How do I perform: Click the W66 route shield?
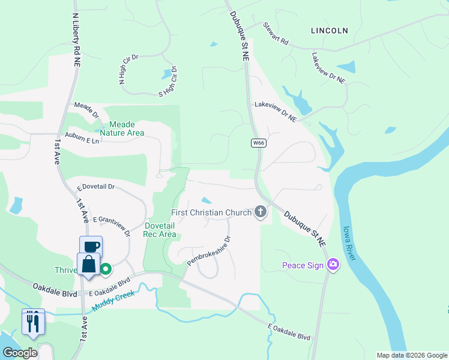click(259, 143)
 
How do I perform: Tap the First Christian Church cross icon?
click(261, 212)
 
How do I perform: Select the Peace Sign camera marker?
click(333, 265)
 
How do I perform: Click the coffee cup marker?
click(91, 247)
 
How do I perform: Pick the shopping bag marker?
click(89, 264)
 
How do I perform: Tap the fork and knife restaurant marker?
click(33, 322)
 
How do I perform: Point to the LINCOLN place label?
click(330, 30)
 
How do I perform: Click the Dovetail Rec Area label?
click(160, 230)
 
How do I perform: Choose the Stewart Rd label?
click(276, 34)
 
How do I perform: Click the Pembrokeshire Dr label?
click(209, 251)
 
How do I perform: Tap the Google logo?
click(20, 353)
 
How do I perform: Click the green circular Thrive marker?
click(106, 269)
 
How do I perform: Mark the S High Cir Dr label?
click(169, 82)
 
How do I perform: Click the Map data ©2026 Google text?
click(412, 355)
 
